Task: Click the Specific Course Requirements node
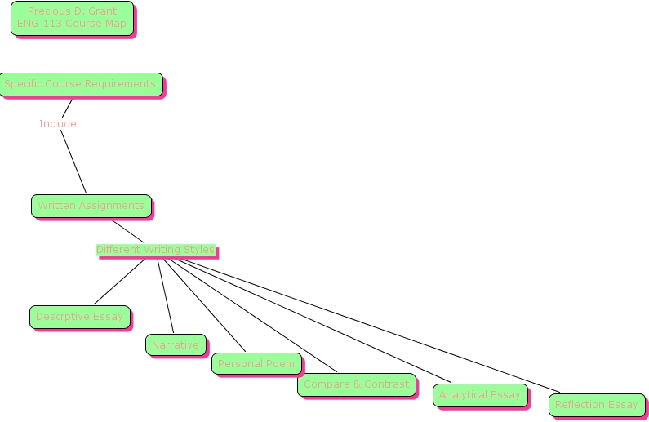(x=80, y=84)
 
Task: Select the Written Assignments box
(x=91, y=206)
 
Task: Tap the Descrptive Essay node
(x=79, y=317)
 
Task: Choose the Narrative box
(x=175, y=345)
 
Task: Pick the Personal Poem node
(x=256, y=364)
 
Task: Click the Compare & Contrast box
(x=356, y=384)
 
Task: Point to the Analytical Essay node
(x=479, y=395)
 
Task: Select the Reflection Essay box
(x=596, y=405)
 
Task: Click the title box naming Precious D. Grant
(x=72, y=18)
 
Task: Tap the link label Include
(x=58, y=124)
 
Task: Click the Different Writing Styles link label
(x=155, y=250)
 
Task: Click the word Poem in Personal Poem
(x=280, y=364)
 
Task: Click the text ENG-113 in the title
(x=38, y=24)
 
